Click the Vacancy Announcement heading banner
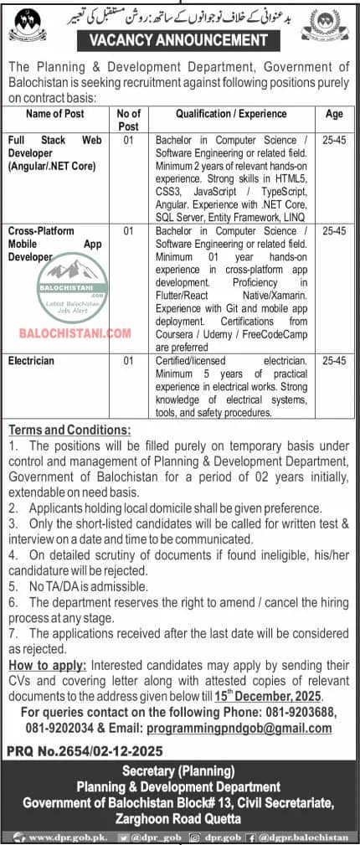click(x=180, y=39)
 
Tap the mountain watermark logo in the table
click(x=79, y=271)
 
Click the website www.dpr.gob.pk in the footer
click(x=60, y=836)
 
